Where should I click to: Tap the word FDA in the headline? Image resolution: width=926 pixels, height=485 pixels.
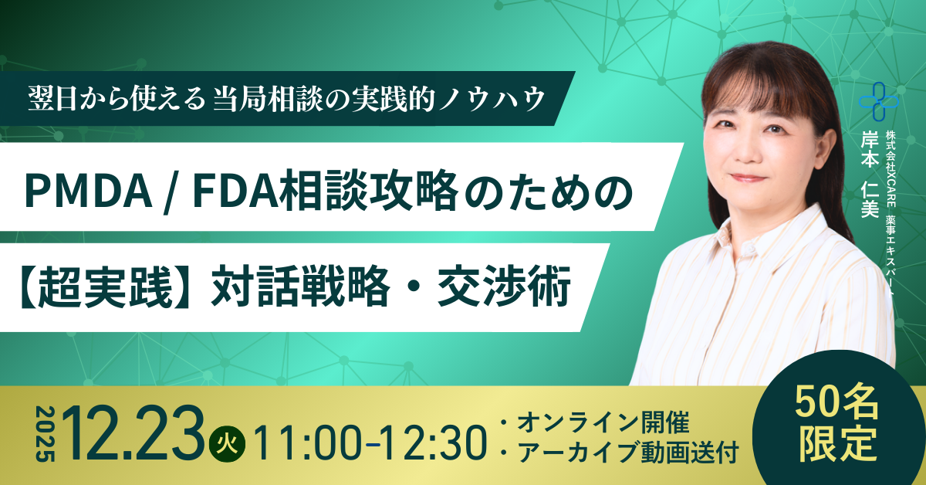[230, 191]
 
